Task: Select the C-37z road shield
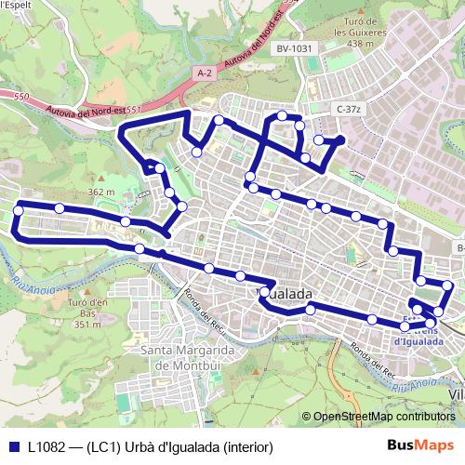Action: [348, 109]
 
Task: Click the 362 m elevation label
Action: [100, 193]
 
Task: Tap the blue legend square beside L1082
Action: [12, 445]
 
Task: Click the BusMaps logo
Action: [419, 445]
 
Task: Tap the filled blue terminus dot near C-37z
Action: [340, 140]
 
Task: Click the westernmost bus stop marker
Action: [18, 211]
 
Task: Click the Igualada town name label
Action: [285, 294]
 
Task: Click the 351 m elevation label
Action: [86, 325]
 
